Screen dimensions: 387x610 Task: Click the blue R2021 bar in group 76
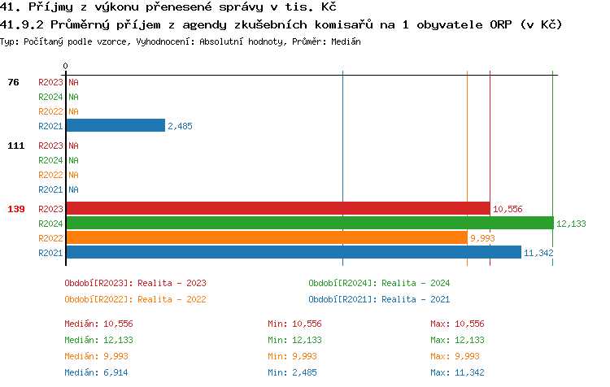(115, 126)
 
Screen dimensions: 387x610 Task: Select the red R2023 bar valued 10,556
(277, 209)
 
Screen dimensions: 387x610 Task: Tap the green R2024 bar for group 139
(309, 224)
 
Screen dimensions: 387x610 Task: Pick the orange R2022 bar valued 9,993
(266, 238)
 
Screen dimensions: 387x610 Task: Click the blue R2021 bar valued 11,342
(293, 253)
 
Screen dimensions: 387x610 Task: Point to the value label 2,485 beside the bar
(180, 126)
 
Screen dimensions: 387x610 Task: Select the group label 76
(13, 82)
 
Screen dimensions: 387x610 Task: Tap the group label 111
(15, 146)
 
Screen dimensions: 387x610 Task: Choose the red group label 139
(15, 209)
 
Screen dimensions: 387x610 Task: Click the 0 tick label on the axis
(66, 65)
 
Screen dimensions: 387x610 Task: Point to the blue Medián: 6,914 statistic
(98, 372)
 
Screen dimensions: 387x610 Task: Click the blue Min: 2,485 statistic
(294, 372)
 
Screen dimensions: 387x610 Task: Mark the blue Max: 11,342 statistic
(457, 372)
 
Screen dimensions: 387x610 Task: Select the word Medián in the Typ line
(346, 41)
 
